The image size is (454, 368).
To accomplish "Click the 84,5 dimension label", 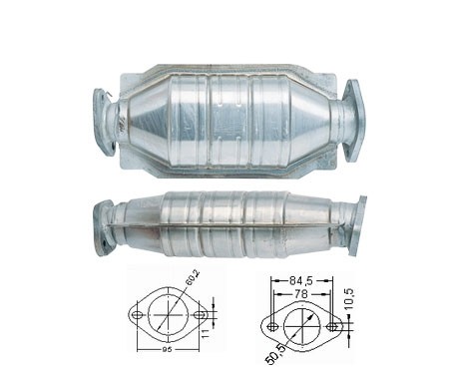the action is click(301, 281).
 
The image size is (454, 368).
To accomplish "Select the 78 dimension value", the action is click(300, 294).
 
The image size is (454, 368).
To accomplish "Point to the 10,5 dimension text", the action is click(349, 299).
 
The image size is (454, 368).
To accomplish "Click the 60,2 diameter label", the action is click(193, 278).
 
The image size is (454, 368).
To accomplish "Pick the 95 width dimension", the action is click(169, 350).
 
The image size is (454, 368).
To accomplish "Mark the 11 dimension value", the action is click(207, 333).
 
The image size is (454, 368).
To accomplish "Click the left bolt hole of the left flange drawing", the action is click(137, 315).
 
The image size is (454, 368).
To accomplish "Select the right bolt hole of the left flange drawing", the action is click(200, 315).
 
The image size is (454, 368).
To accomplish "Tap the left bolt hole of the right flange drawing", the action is click(272, 327).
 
